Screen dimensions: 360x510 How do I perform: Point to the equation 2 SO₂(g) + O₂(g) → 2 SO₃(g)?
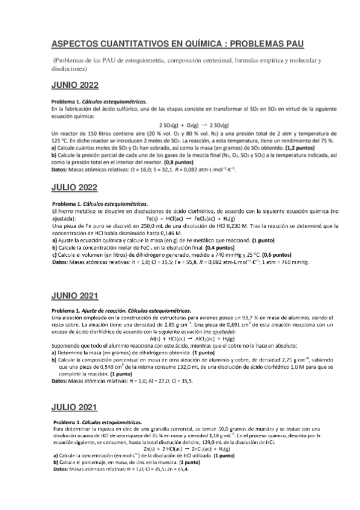tap(181, 124)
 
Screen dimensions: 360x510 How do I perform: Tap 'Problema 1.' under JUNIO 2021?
tap(69, 310)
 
